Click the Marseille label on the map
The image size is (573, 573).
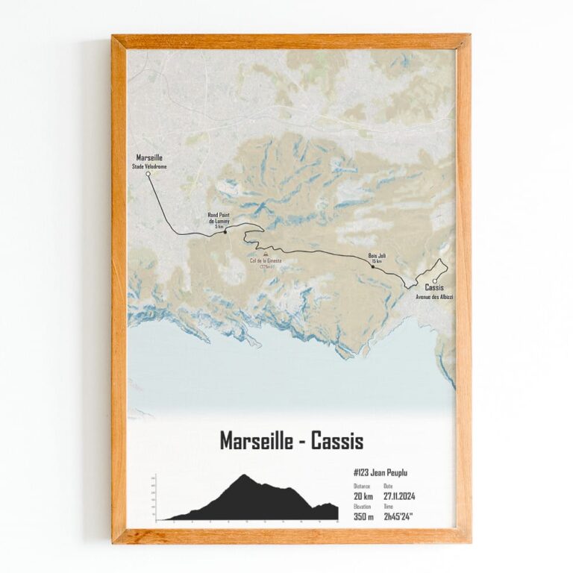tap(150, 157)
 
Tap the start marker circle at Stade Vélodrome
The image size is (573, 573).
tap(148, 174)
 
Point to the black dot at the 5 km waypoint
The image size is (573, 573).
tap(225, 232)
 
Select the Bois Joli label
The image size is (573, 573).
tap(376, 256)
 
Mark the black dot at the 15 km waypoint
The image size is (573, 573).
tap(373, 266)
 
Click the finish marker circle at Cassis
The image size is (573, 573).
tap(434, 281)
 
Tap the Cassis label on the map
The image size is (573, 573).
tap(434, 288)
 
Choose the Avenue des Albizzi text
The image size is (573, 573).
tap(434, 297)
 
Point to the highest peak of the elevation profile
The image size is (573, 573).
tap(243, 475)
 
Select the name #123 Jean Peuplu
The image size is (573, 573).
tap(380, 472)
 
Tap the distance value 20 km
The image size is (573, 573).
tap(363, 497)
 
